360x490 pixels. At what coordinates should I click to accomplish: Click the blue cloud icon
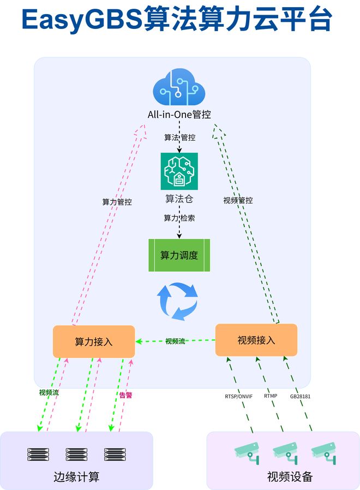click(179, 87)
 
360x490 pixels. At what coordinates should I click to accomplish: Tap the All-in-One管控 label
click(179, 115)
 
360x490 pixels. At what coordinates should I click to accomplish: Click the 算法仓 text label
click(179, 199)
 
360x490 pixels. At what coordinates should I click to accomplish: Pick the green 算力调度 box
click(179, 255)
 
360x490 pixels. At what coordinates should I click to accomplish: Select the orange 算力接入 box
click(94, 342)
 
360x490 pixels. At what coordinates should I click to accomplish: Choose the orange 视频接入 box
click(256, 340)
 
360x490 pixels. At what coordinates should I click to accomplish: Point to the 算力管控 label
click(117, 202)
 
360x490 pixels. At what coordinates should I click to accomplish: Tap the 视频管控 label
click(238, 200)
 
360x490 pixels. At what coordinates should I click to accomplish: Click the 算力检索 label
click(179, 218)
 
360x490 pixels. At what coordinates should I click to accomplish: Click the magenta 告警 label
click(125, 395)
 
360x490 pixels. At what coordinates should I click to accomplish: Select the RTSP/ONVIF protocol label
click(238, 396)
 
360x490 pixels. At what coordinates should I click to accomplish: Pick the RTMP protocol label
click(271, 396)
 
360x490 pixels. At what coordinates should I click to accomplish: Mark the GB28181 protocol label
click(300, 396)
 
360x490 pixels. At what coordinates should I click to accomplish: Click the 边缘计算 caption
click(76, 476)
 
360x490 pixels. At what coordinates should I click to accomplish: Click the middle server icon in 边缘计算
click(76, 454)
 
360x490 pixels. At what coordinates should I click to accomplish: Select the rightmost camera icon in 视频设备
click(325, 453)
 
